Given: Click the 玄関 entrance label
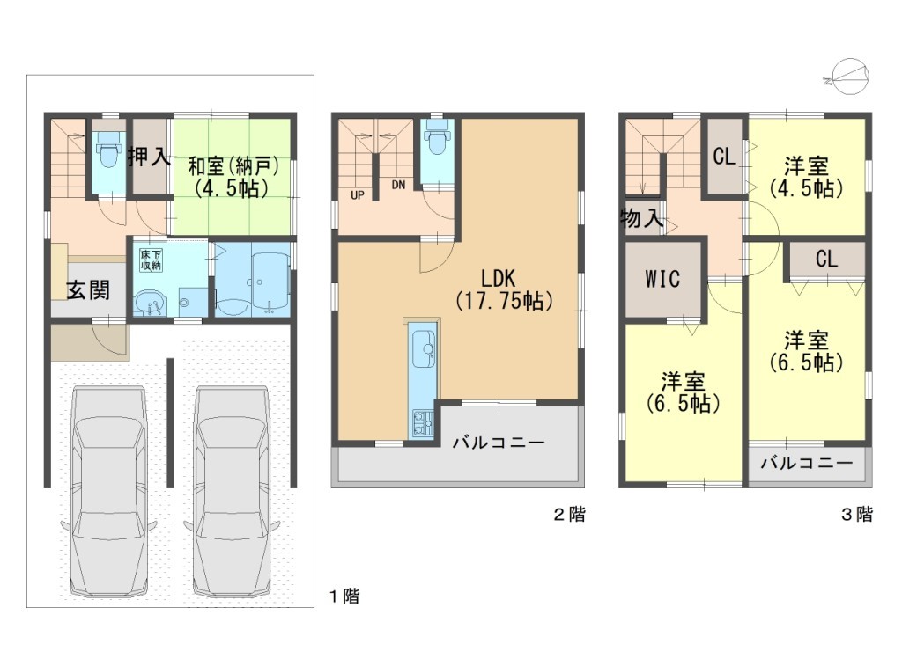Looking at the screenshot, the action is (88, 289).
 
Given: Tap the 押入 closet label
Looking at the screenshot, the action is (149, 157).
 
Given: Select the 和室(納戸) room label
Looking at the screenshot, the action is (233, 178).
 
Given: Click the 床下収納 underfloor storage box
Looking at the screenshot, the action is (152, 260).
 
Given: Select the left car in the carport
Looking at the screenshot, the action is (108, 492).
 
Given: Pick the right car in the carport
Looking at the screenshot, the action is (232, 492).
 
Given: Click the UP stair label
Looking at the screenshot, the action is (358, 195).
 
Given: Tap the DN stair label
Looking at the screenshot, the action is (398, 185).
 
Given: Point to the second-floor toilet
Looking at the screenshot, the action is (437, 138).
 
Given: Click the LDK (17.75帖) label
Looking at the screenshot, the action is (504, 290).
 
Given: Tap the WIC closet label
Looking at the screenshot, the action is (662, 279).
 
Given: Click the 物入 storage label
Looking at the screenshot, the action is (641, 218).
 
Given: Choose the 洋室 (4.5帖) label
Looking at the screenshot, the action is (807, 178).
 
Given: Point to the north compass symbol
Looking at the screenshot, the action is (847, 77).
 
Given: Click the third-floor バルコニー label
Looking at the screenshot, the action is (807, 463).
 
